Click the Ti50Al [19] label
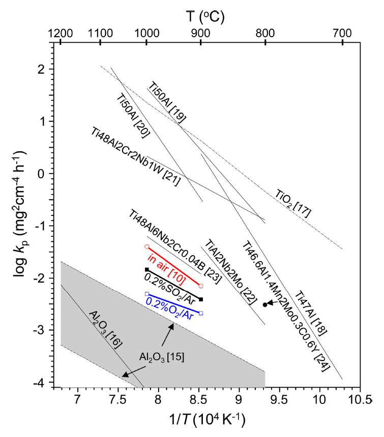[167, 102]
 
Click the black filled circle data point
[265, 305]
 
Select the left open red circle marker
[146, 247]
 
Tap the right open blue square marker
[201, 313]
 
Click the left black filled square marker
[147, 269]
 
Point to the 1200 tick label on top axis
[60, 32]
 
